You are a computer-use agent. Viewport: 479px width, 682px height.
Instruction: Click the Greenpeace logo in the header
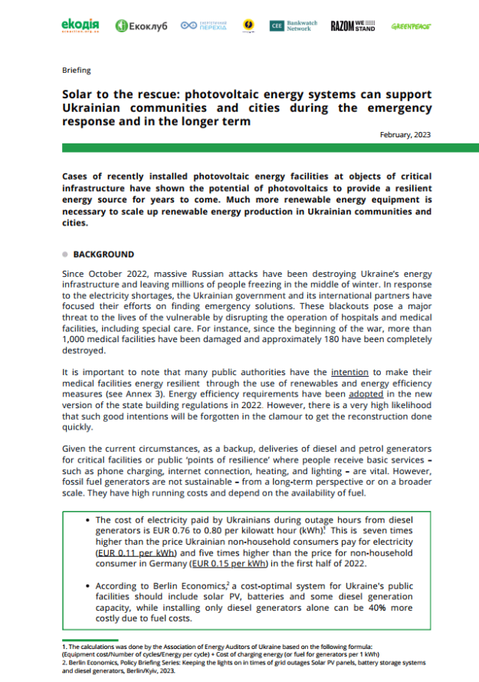coord(411,26)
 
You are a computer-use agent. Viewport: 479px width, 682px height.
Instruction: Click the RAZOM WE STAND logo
coord(353,26)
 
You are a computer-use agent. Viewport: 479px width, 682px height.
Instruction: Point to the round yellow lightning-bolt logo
coord(248,26)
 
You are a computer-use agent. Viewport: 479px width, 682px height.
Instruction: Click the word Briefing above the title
coord(76,70)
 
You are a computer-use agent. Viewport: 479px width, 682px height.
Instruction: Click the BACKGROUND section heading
coord(103,254)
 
